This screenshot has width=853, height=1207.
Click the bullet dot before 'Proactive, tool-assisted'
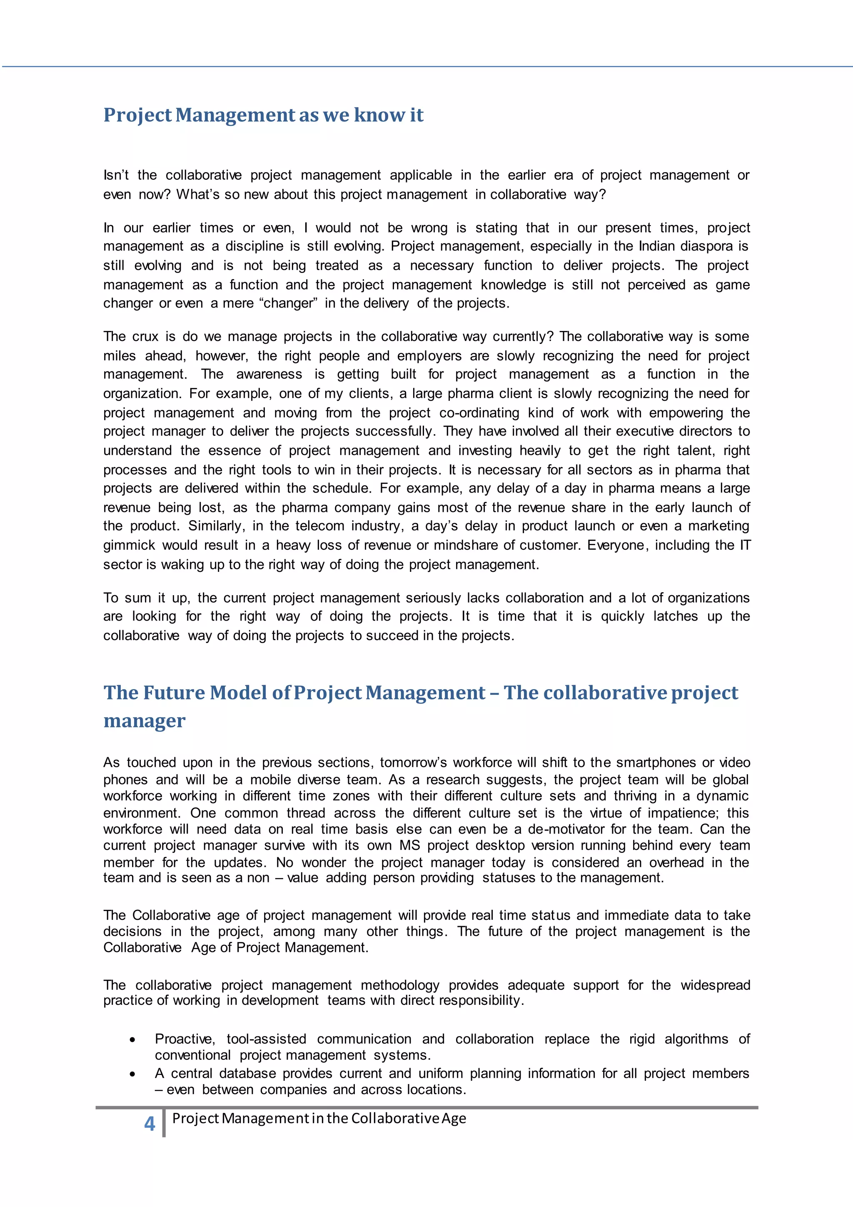[132, 1040]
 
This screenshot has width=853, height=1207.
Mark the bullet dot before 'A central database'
[132, 1074]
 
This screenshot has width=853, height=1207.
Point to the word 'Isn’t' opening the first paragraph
[116, 175]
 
